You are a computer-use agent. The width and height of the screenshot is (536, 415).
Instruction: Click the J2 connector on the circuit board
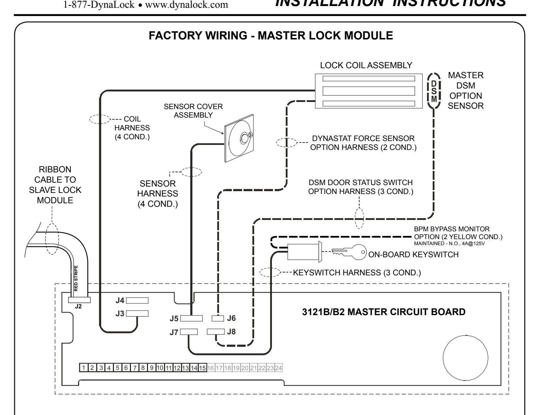pos(79,300)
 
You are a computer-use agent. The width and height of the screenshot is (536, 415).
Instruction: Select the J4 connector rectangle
pos(137,301)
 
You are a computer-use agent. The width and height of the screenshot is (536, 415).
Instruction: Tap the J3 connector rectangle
pos(137,313)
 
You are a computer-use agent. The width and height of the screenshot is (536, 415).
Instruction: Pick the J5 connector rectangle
pos(191,318)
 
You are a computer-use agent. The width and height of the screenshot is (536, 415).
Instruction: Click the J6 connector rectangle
pos(218,318)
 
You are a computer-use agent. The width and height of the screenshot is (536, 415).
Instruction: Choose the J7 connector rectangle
pos(189,332)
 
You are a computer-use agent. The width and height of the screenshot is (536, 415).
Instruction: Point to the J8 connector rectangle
pos(215,332)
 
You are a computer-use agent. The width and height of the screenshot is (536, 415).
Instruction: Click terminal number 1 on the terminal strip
pos(84,368)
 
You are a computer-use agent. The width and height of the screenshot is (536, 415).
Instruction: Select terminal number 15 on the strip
pos(202,368)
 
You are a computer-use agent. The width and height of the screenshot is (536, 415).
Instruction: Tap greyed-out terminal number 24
pos(279,368)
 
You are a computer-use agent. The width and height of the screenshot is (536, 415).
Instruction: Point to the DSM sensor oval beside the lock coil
pos(434,91)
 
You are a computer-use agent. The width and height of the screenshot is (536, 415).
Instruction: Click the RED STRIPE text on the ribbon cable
pos(76,278)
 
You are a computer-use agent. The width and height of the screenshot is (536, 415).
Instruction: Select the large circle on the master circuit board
pos(465,358)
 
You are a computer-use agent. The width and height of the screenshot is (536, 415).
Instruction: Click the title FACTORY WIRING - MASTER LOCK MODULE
pos(270,36)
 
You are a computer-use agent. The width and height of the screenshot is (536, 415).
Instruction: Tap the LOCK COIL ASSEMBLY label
pos(366,65)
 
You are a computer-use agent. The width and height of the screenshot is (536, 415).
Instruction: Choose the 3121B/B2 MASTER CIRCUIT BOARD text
pos(384,312)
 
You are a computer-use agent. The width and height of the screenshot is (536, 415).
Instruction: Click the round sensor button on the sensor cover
pos(245,138)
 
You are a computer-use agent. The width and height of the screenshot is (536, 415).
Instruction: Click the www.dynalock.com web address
pos(186,5)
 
